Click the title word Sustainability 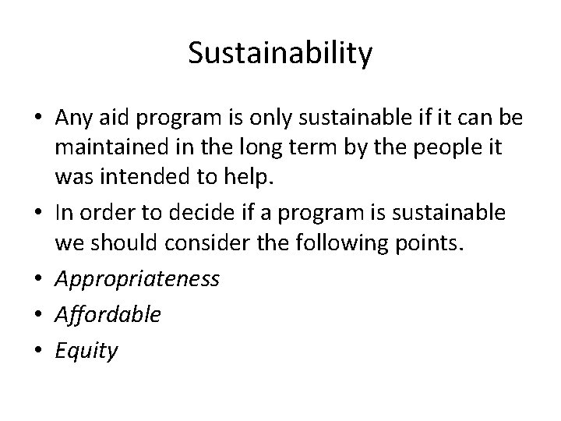[280, 54]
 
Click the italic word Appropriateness [137, 279]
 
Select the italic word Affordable [108, 314]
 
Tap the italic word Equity [86, 350]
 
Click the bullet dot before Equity [38, 350]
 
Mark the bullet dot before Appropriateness [38, 279]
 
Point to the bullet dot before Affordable [38, 314]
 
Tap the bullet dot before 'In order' [38, 212]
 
